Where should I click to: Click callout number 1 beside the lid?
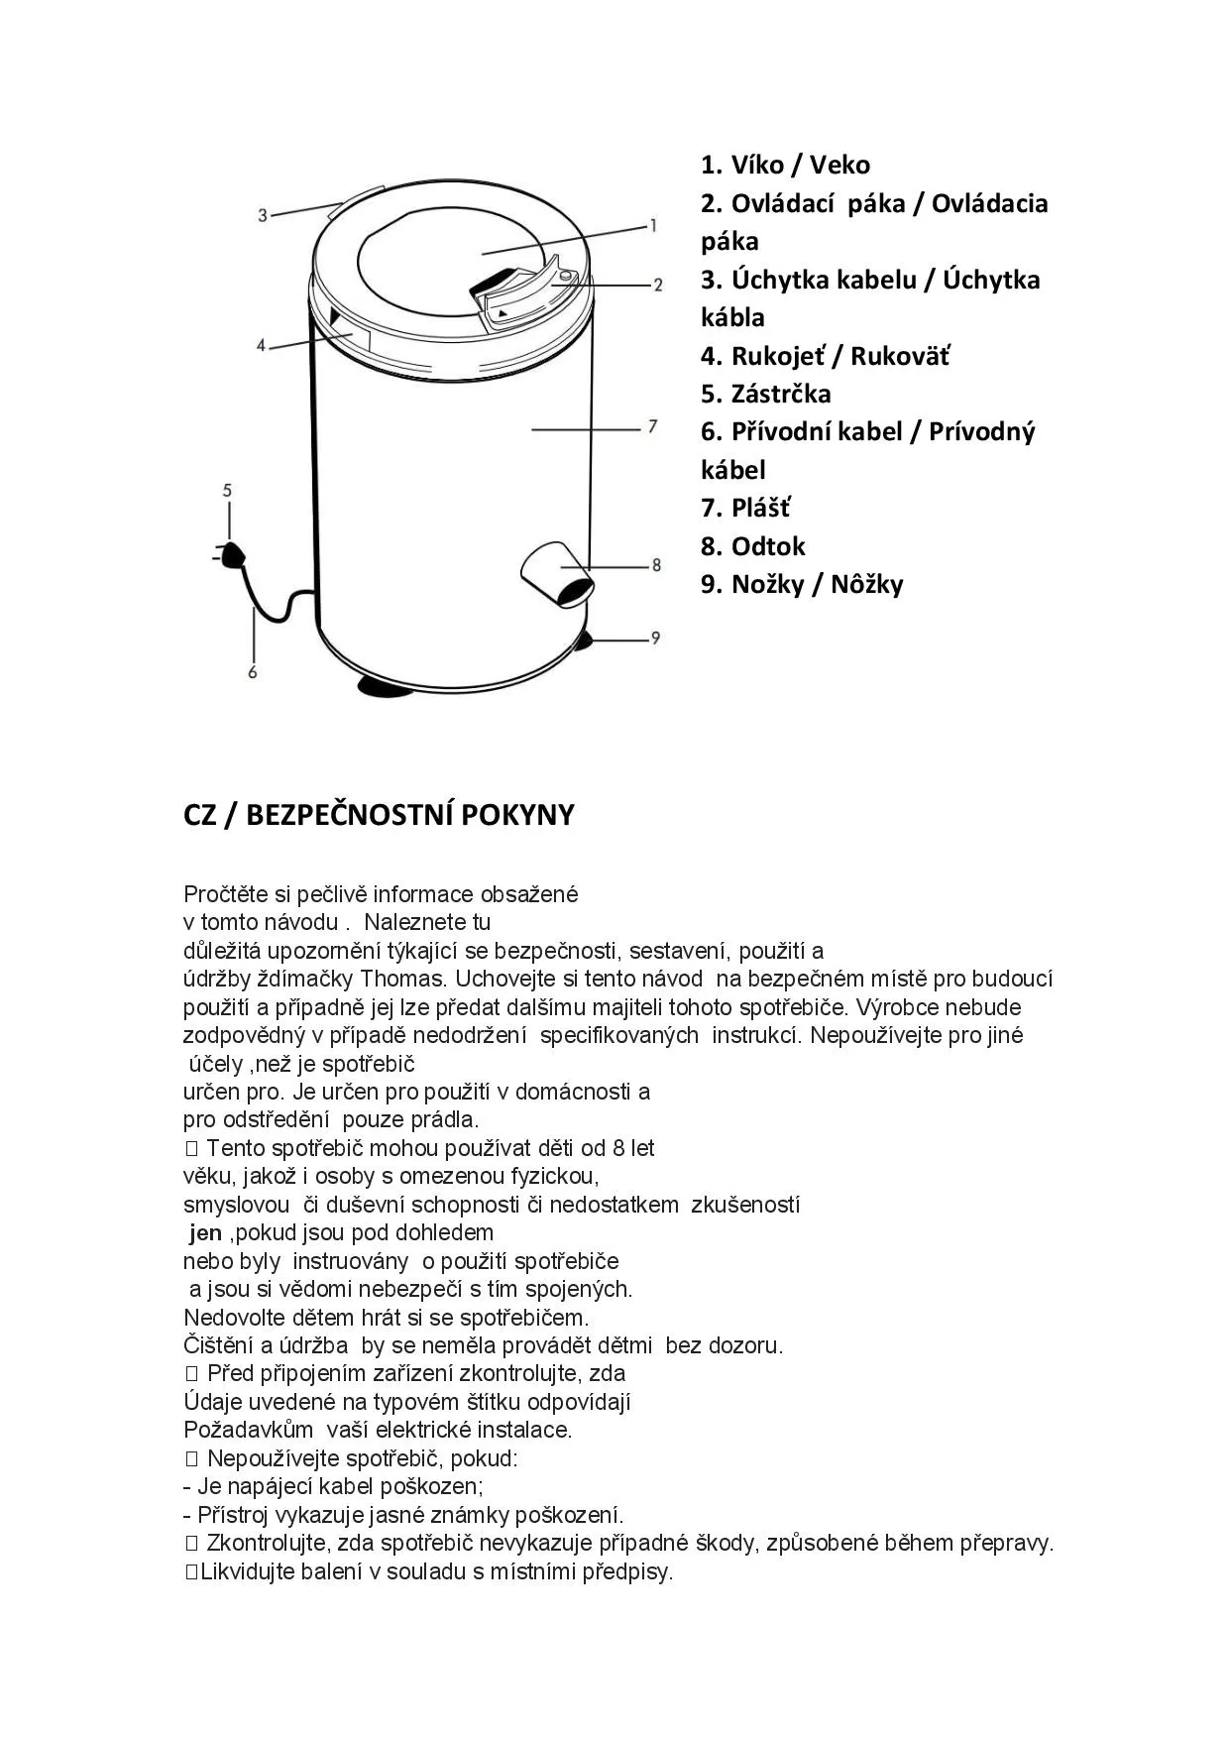[x=652, y=226]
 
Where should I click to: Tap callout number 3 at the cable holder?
[x=263, y=214]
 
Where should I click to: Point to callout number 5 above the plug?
[x=227, y=490]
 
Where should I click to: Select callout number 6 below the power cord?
[x=253, y=672]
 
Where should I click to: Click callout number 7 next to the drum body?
[x=652, y=427]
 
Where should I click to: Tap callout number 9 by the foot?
[x=655, y=638]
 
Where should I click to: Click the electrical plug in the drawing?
[x=232, y=556]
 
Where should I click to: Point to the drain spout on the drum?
[x=557, y=573]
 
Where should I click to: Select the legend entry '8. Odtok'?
[x=752, y=546]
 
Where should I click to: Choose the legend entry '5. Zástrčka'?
[x=765, y=394]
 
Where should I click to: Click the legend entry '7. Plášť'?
[x=745, y=509]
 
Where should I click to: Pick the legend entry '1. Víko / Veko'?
[x=785, y=165]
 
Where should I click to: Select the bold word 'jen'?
[x=205, y=1233]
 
